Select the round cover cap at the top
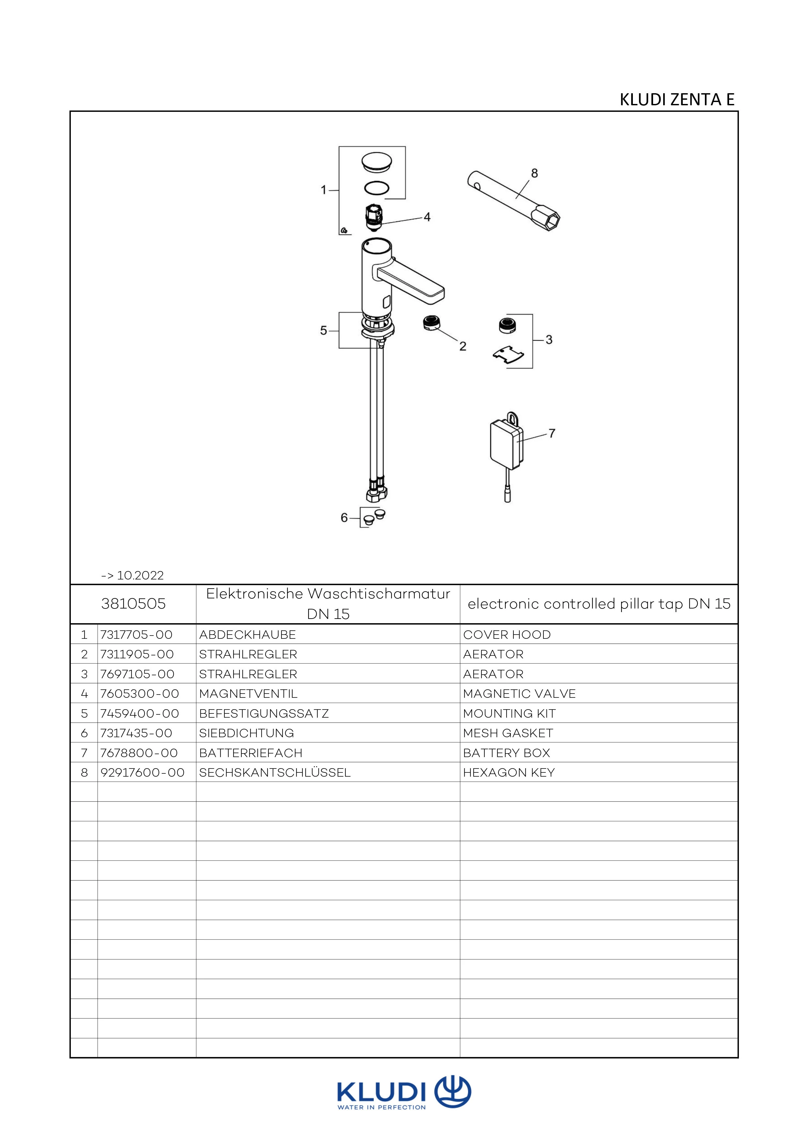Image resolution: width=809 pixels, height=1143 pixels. coord(376,162)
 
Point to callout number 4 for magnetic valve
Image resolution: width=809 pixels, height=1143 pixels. coord(427,217)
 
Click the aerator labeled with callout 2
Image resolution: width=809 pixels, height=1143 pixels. coord(430,323)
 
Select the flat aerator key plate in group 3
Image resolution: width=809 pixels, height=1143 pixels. coord(508,355)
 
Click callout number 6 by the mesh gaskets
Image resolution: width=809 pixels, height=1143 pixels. coord(344,518)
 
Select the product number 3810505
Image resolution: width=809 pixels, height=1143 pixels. coord(133,604)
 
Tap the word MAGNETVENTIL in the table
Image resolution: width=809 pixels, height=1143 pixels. coord(248,694)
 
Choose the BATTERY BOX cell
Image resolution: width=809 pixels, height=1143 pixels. coord(507,753)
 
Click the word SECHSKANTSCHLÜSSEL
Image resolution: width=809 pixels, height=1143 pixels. coord(274,773)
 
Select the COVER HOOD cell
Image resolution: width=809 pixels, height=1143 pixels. coord(507,635)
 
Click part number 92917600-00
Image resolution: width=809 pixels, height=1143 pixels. coord(143,773)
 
